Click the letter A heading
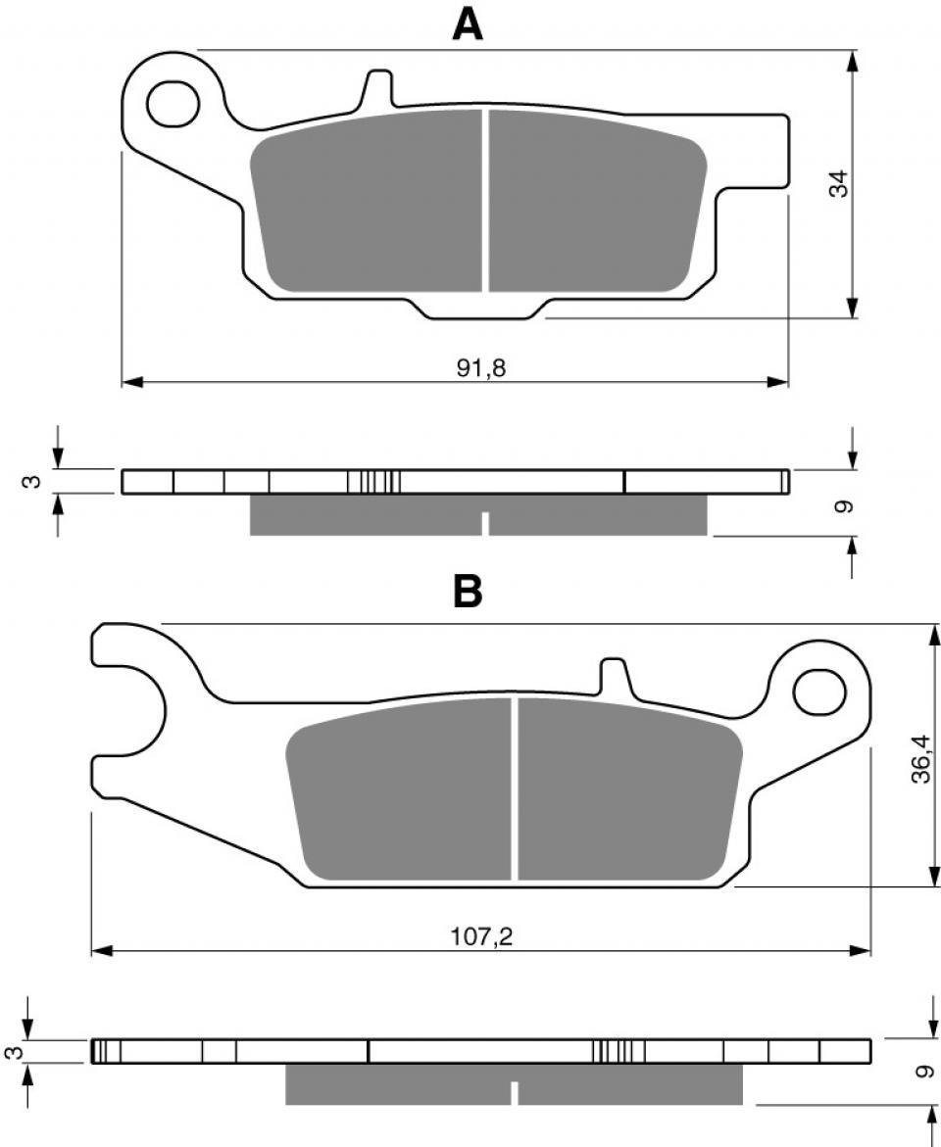(x=468, y=24)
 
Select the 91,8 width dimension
(x=481, y=368)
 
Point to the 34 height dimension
(x=840, y=183)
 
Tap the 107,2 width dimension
(x=481, y=936)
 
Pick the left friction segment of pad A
(x=367, y=201)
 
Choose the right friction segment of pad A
(x=597, y=201)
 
